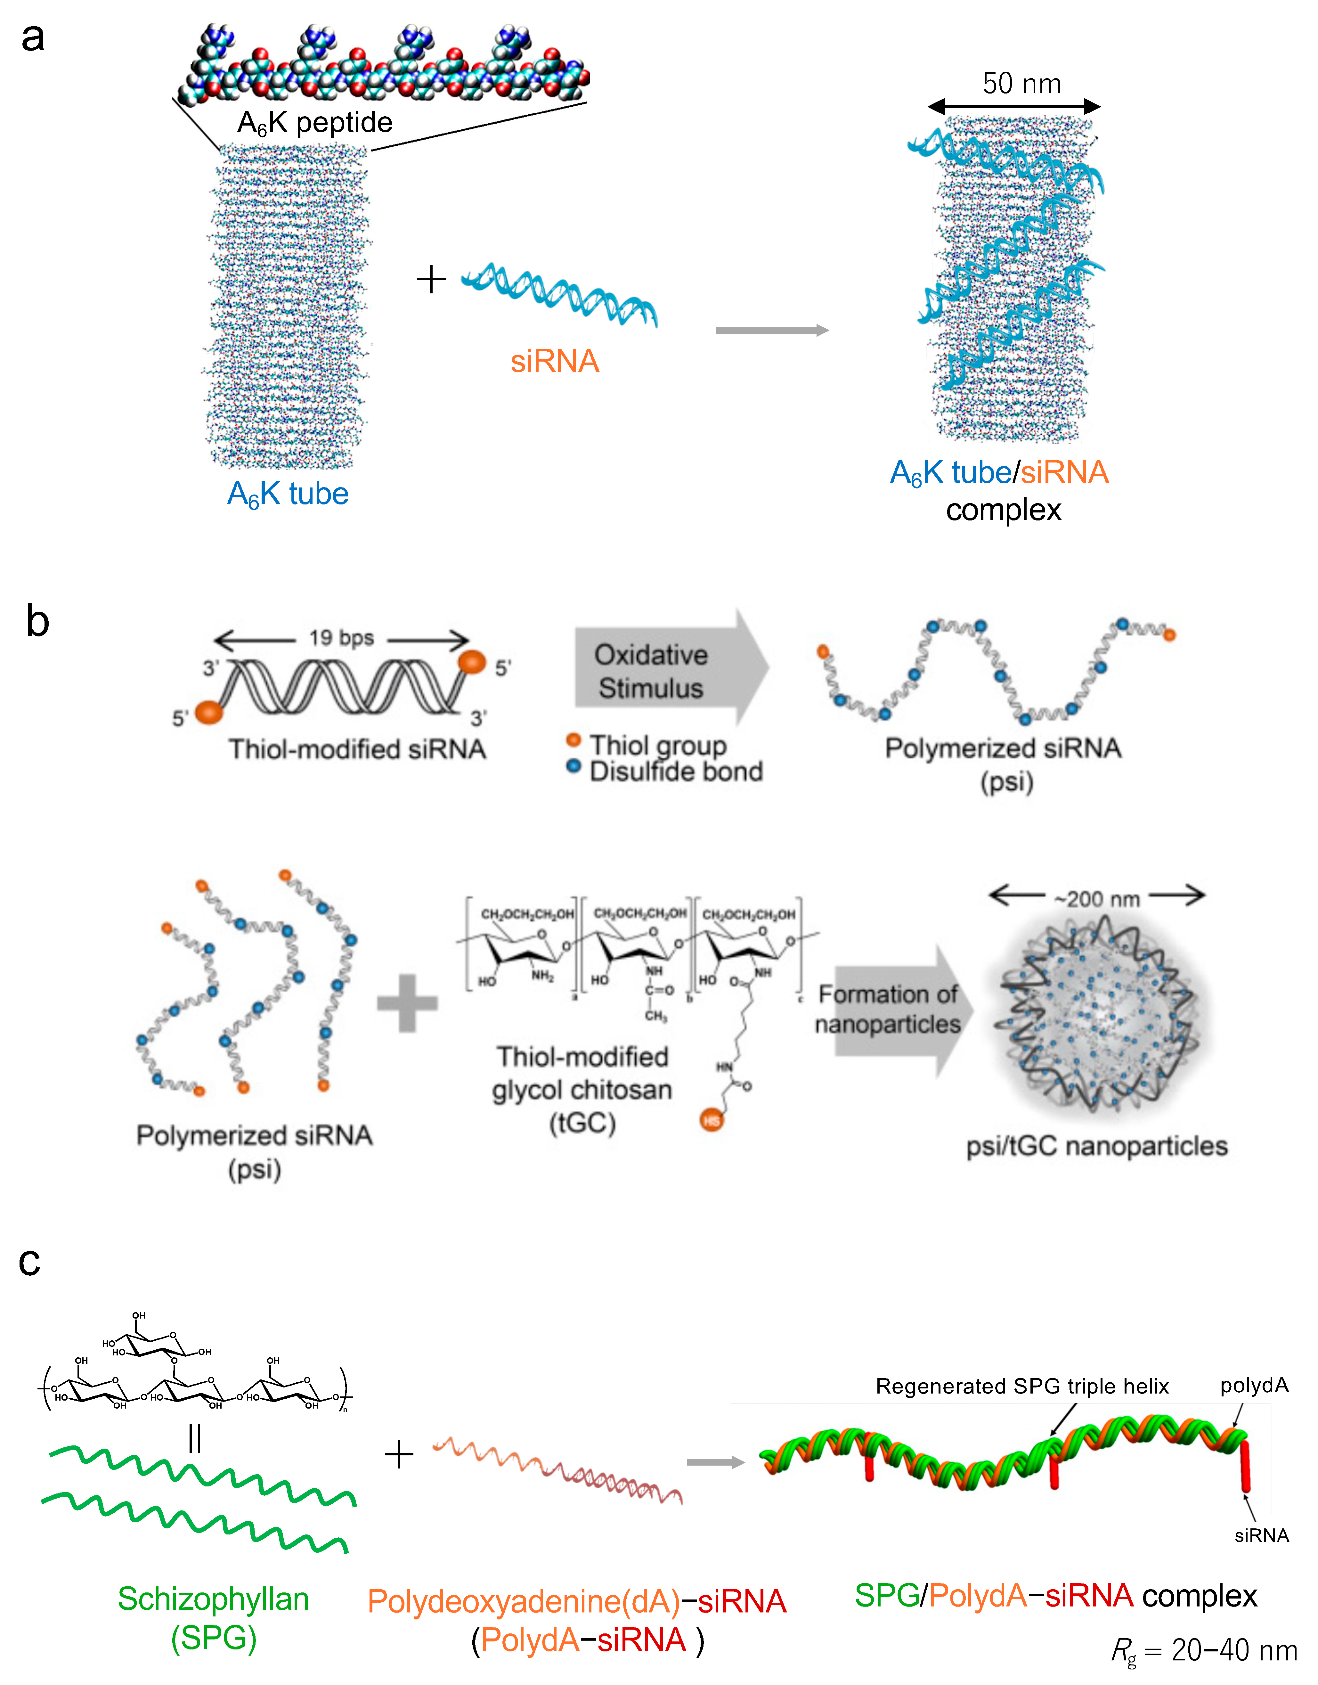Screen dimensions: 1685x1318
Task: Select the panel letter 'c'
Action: tap(29, 1261)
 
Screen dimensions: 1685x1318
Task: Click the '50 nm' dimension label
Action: tap(1021, 83)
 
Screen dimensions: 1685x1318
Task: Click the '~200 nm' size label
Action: tap(1096, 898)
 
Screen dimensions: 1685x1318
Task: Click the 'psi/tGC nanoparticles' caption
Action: tap(1096, 1145)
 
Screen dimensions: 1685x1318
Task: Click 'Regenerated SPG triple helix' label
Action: tap(1022, 1386)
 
